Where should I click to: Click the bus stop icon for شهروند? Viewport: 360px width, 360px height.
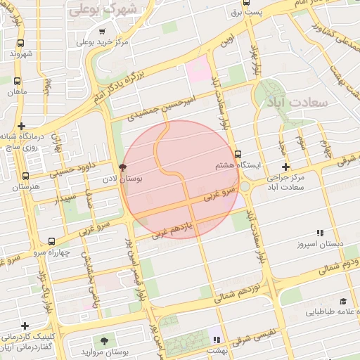tap(16, 42)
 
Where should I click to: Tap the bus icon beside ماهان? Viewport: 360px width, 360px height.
tap(16, 81)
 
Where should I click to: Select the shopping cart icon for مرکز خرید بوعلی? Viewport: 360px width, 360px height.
tap(103, 32)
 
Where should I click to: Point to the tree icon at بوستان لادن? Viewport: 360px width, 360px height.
tap(123, 167)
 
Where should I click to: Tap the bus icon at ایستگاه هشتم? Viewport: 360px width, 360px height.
tap(238, 154)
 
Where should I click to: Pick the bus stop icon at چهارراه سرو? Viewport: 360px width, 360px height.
tap(51, 241)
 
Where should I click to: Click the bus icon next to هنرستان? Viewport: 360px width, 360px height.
tap(26, 176)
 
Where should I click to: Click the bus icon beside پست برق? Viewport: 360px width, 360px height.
tap(236, 13)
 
